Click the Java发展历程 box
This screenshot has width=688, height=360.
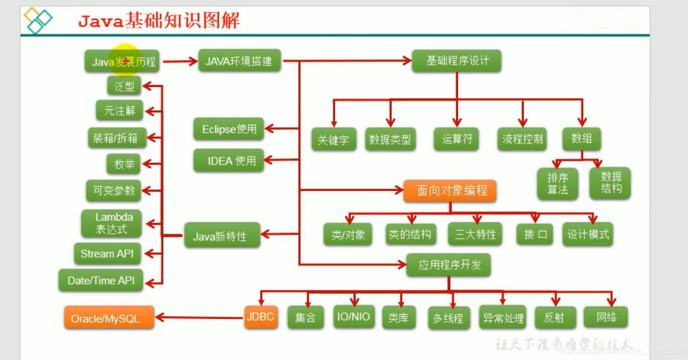pyautogui.click(x=124, y=62)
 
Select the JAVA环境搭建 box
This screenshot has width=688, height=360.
pyautogui.click(x=239, y=61)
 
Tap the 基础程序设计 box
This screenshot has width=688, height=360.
pyautogui.click(x=457, y=61)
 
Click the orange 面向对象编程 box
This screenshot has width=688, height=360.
pyautogui.click(x=450, y=191)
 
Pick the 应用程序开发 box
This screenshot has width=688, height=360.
pyautogui.click(x=449, y=264)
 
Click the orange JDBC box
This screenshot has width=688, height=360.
pyautogui.click(x=261, y=317)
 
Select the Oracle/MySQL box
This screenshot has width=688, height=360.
pyautogui.click(x=109, y=318)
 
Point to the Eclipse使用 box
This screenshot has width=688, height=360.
pyautogui.click(x=229, y=129)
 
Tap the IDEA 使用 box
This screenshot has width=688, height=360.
pyautogui.click(x=229, y=161)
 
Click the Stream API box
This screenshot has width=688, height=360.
pyautogui.click(x=107, y=254)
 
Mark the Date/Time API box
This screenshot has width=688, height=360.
pyautogui.click(x=101, y=281)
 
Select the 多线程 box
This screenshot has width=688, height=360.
pyautogui.click(x=448, y=318)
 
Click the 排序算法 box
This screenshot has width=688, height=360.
pyautogui.click(x=557, y=184)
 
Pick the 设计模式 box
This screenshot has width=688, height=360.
pyautogui.click(x=587, y=234)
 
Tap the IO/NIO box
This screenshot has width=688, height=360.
pyautogui.click(x=354, y=317)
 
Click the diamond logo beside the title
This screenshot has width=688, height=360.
pyautogui.click(x=39, y=20)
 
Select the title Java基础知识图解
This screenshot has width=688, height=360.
pyautogui.click(x=159, y=21)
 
